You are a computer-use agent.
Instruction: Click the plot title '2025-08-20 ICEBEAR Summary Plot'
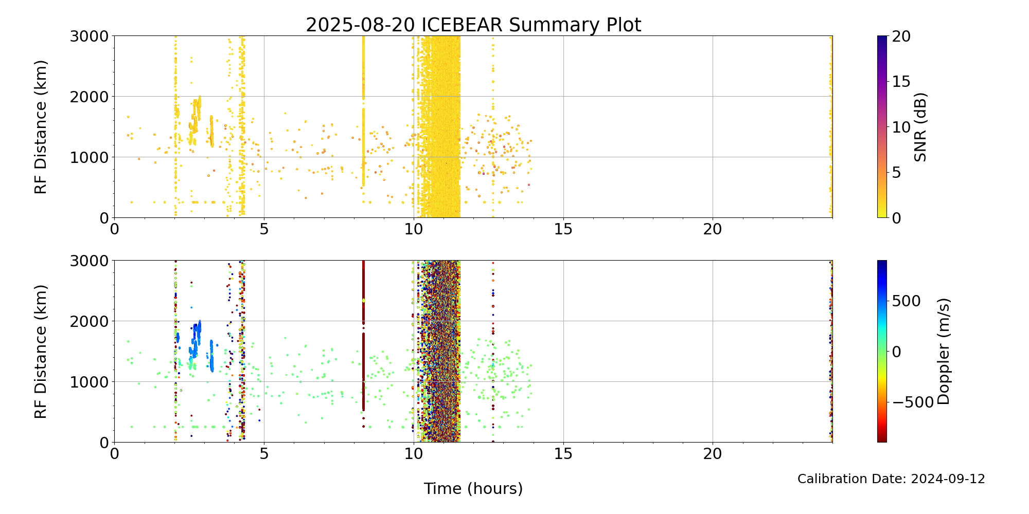[473, 25]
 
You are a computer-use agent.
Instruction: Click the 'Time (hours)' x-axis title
[473, 488]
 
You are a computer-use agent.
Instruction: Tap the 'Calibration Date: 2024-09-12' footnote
[891, 479]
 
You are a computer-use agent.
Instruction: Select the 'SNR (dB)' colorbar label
[920, 127]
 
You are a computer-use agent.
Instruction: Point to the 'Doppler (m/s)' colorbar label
[943, 352]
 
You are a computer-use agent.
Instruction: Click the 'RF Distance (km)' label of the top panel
[41, 127]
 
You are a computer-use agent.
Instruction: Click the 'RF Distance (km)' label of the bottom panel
[41, 352]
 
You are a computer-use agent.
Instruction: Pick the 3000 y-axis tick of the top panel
[90, 36]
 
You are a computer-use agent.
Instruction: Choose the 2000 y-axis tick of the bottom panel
[90, 321]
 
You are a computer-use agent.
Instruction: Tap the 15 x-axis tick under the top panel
[563, 229]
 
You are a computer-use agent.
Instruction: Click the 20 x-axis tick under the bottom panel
[713, 453]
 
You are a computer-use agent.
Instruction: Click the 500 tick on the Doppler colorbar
[906, 301]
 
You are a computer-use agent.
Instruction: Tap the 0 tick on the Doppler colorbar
[896, 352]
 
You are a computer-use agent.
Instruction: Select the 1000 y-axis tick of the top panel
[90, 157]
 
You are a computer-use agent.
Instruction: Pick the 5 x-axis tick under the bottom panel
[264, 453]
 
